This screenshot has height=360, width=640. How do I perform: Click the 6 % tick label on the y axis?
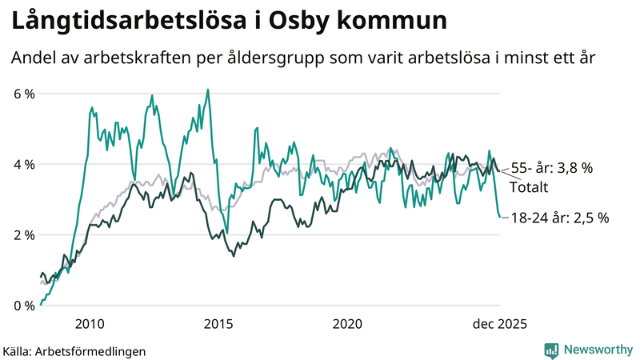coord(24,94)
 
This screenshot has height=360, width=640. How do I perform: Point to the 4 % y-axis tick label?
coord(24,164)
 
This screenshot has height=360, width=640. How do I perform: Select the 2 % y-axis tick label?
coord(24,234)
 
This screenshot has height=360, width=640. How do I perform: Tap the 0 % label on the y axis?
coord(24,305)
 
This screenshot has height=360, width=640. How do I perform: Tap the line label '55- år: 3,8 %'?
coord(552,168)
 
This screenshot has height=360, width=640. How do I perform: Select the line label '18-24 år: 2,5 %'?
coord(560,217)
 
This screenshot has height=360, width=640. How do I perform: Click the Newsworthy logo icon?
coord(551,350)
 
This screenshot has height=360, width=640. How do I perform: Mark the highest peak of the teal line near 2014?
coord(208,90)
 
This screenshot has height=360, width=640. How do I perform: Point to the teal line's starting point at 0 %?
coord(41,304)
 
